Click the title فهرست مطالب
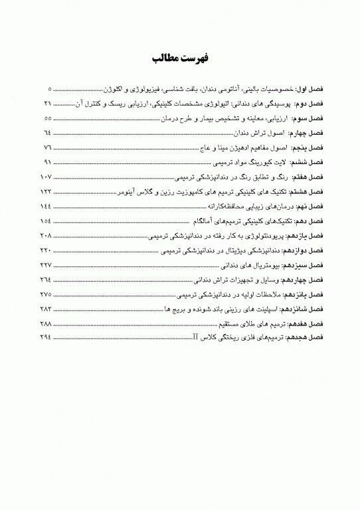tap(180, 58)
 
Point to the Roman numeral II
tap(195, 339)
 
